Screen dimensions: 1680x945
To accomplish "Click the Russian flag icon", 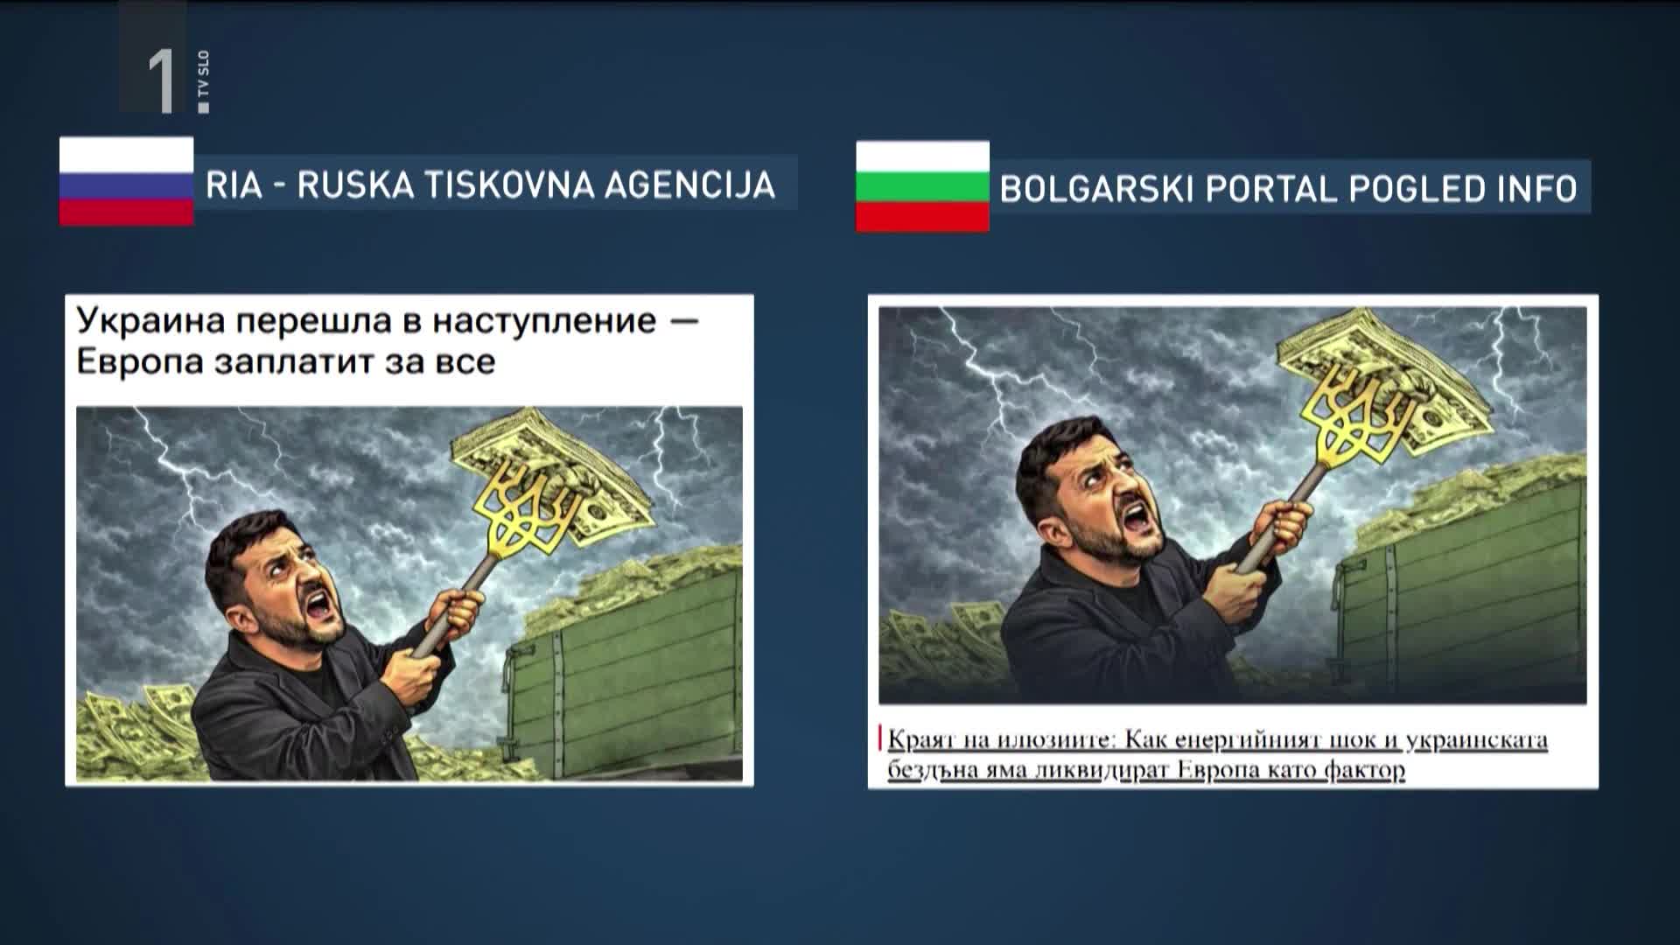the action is coord(126,181).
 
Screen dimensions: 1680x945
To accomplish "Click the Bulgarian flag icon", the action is coord(922,186).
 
